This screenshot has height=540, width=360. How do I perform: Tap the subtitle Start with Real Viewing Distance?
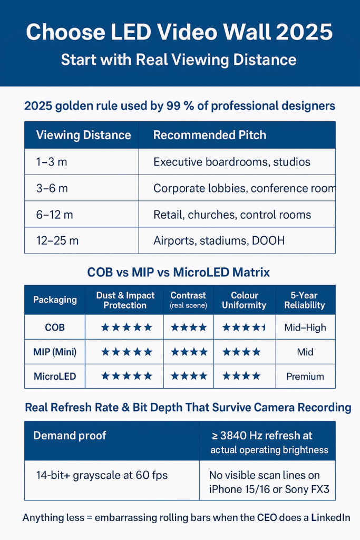(x=179, y=59)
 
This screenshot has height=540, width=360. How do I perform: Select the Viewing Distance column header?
(x=83, y=135)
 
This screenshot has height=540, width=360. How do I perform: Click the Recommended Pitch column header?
(x=209, y=135)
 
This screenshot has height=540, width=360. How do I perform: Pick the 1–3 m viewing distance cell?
(x=52, y=162)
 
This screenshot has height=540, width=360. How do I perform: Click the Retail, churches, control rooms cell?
(x=232, y=215)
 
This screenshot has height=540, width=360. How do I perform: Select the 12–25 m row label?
(x=57, y=240)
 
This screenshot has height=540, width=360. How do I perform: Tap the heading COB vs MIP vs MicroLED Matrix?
(x=179, y=273)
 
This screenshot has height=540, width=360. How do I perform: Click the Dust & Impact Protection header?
(x=126, y=300)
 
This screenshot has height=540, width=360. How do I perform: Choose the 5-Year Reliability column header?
(x=305, y=300)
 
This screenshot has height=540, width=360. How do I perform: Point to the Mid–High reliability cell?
(x=305, y=327)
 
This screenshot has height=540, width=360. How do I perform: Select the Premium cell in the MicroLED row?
(x=305, y=377)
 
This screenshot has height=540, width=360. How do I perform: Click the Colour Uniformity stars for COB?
(x=244, y=327)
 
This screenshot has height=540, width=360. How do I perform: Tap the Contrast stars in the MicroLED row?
(x=188, y=377)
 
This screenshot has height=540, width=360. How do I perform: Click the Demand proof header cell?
(x=70, y=436)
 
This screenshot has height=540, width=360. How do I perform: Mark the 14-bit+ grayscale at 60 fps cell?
(x=102, y=475)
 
